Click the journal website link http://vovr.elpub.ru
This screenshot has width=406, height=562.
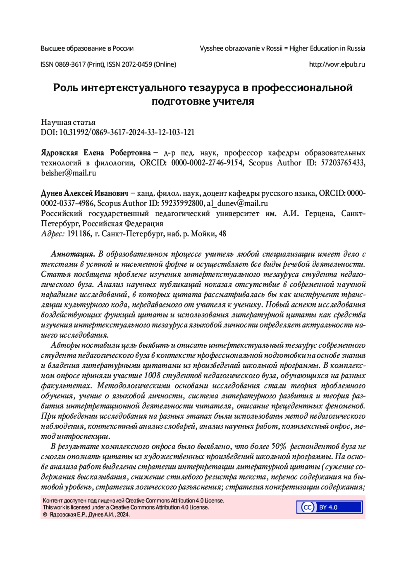(337, 64)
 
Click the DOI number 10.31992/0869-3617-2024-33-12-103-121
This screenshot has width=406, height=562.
(127, 132)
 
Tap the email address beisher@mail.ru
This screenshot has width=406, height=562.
(68, 173)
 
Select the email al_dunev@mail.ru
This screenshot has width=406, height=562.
(238, 203)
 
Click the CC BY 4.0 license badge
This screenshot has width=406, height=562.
(329, 507)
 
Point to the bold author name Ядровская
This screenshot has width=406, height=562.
(59, 153)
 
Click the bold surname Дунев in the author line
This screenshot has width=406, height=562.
(51, 193)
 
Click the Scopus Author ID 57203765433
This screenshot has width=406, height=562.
(343, 163)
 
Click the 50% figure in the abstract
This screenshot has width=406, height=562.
(279, 446)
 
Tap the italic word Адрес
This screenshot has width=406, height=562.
(52, 234)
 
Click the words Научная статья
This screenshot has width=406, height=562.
(68, 122)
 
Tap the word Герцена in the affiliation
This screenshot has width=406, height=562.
(320, 214)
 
